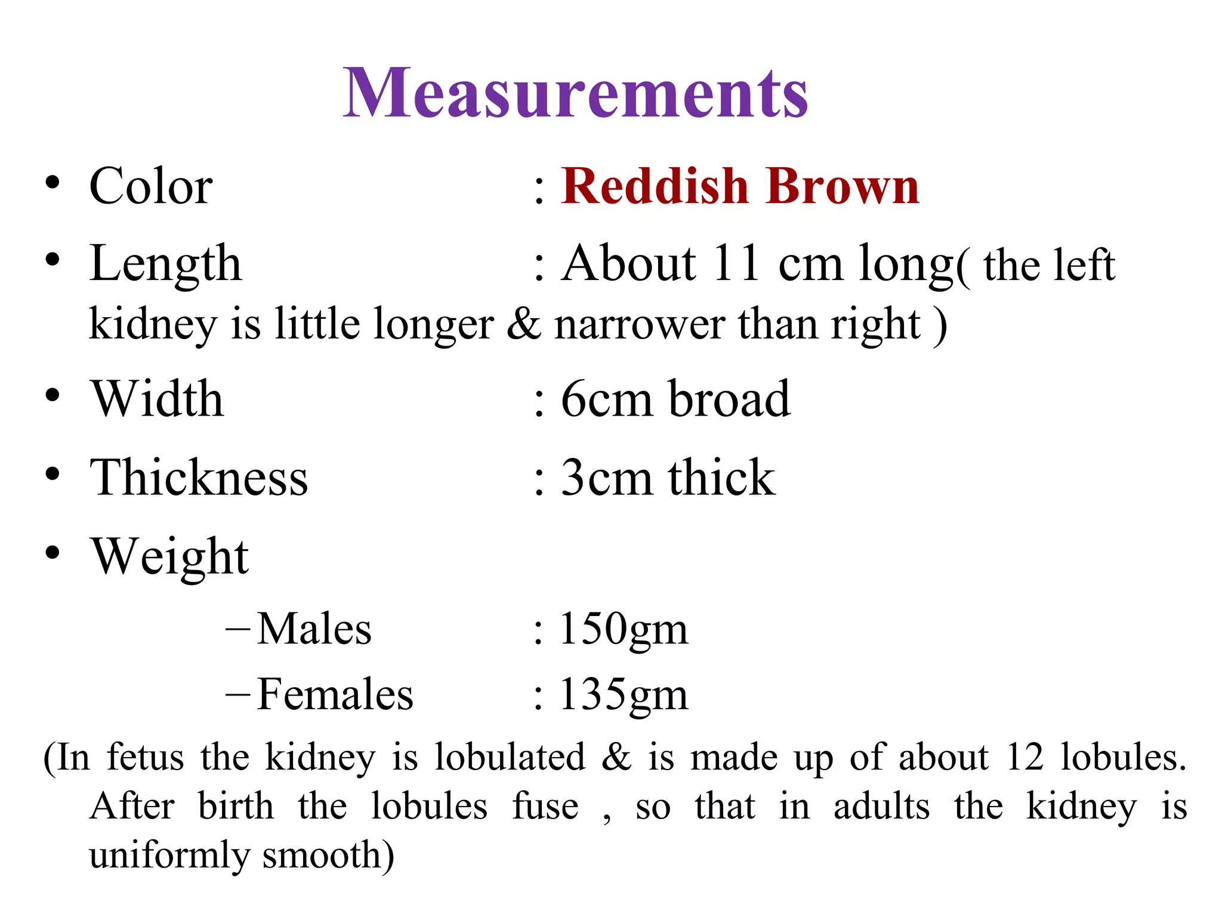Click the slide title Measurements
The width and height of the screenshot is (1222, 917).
coord(575,94)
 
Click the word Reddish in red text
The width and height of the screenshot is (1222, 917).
coord(655,186)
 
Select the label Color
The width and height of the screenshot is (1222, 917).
coord(150,186)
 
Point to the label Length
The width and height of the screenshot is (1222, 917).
coord(165,264)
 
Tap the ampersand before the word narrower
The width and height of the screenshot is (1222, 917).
coord(523,324)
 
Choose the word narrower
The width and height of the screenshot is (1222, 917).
coord(640,324)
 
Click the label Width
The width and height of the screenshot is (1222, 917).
coord(157,399)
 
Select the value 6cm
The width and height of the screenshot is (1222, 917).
coord(606,399)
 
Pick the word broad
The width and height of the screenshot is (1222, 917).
coord(729,399)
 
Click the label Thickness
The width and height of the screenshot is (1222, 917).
coord(199,478)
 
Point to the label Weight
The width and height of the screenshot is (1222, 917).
coord(169,556)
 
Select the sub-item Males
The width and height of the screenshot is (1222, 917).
coord(314,629)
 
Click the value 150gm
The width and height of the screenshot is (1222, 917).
coord(623,629)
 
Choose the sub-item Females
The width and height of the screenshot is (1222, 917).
coord(335,694)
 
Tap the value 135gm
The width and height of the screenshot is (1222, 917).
coord(623,695)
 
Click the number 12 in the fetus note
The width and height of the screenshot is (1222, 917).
coord(1024,757)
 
